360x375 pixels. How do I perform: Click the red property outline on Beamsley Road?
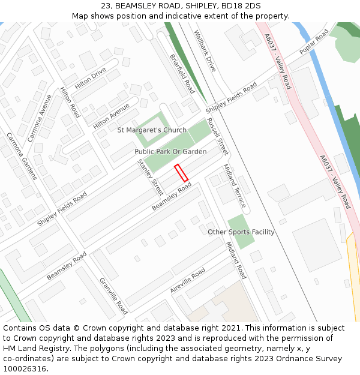[x=181, y=172]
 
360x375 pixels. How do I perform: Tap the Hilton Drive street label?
[x=91, y=78]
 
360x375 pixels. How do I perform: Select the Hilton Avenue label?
[x=111, y=115]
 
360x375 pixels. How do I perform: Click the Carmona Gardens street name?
[x=22, y=156]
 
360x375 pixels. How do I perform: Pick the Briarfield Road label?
[x=182, y=74]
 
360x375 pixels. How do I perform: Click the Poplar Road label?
[x=314, y=41]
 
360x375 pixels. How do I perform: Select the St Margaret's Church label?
[x=152, y=130]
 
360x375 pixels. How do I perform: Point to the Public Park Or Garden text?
[x=170, y=152]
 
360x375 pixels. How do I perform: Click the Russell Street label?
[x=217, y=136]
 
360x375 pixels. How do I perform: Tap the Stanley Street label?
[x=150, y=178]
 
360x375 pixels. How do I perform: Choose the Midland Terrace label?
[x=235, y=185]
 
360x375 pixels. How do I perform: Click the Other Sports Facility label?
[x=241, y=232]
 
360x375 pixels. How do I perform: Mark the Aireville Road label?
[x=187, y=280]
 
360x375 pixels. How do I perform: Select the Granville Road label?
[x=113, y=296]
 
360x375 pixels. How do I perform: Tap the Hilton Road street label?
[x=70, y=102]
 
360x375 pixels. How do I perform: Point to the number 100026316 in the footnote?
[x=25, y=369]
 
